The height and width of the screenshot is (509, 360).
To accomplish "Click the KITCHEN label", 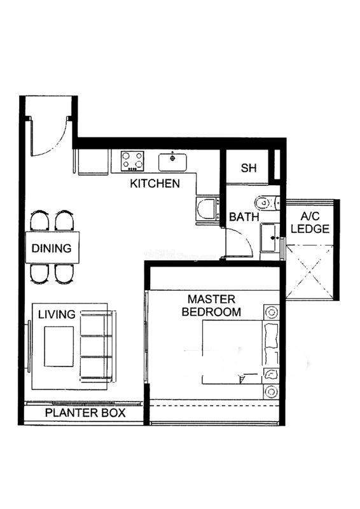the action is coord(155,183).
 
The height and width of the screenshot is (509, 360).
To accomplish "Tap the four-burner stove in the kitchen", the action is coord(132,161).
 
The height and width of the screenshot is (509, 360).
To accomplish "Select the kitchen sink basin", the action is coord(172,162).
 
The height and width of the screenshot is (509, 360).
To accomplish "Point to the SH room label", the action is coord(249,168).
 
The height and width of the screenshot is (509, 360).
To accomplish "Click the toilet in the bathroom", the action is coord(267,203).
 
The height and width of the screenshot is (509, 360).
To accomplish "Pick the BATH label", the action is coord(244,216).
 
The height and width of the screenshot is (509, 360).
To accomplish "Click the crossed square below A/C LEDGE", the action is coord(309,272).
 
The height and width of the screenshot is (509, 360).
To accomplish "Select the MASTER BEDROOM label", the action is coord(211,305).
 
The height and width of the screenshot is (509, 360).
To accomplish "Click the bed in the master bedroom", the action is coord(240,352).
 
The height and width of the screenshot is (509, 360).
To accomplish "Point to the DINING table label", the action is coord(52,248).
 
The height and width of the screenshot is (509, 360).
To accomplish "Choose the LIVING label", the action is coord(57,314).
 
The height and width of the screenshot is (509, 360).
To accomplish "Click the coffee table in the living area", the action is coord(59,346).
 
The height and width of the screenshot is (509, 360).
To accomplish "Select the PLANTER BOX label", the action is coord(85,413).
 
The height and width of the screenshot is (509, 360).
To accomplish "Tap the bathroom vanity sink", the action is coord(270,238).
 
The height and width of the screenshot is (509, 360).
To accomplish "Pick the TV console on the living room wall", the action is coord(29,346).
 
